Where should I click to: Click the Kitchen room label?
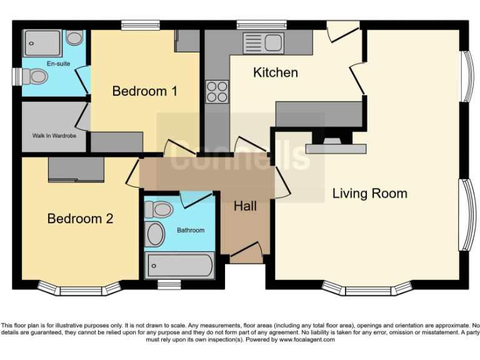[x=275, y=72]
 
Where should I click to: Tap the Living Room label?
[x=369, y=193]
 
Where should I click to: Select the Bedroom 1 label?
[x=144, y=91]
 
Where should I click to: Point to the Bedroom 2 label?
[x=80, y=219]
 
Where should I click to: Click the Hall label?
[x=245, y=206]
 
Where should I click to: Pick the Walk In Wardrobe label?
[x=53, y=135]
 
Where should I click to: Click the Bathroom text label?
[x=190, y=230]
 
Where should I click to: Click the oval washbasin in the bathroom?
[x=154, y=235]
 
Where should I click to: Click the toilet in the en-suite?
[x=34, y=77]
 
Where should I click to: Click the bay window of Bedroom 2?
[x=79, y=289]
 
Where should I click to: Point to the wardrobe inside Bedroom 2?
[x=76, y=169]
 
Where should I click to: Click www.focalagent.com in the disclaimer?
[x=307, y=339]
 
